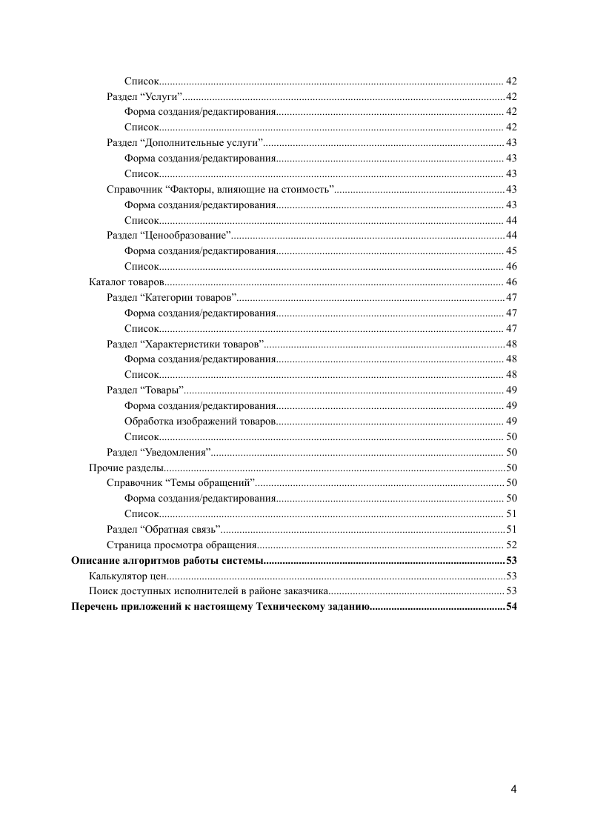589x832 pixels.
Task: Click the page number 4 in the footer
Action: coord(513,788)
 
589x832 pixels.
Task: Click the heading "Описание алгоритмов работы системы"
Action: coord(167,560)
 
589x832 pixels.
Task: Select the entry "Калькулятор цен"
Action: coord(126,576)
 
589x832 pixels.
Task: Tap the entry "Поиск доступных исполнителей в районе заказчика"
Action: coord(208,591)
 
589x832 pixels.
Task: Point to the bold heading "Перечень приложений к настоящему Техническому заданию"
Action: coord(219,607)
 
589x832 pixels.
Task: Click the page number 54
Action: coord(511,607)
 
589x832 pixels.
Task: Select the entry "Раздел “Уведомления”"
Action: coord(159,452)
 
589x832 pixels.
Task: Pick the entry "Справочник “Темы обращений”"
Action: coord(182,483)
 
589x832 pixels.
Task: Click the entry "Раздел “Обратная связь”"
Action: coord(164,529)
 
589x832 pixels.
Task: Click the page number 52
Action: coord(511,545)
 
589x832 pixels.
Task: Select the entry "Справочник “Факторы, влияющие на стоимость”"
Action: coord(221,190)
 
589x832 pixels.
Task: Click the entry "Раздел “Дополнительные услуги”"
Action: coord(185,143)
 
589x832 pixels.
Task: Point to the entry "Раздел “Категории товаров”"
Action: coord(171,298)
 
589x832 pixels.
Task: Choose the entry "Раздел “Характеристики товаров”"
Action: coord(185,344)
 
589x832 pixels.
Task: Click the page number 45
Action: coord(511,251)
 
